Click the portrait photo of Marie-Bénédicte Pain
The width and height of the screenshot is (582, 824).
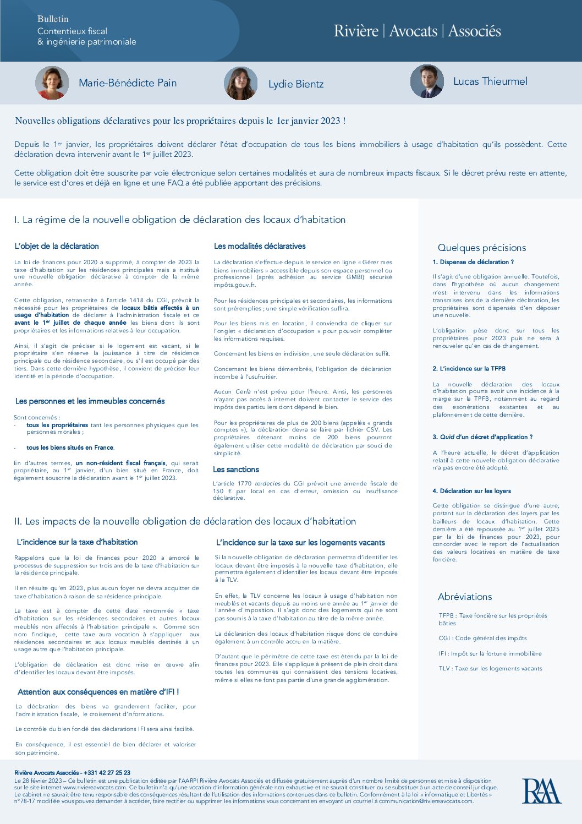click(x=52, y=83)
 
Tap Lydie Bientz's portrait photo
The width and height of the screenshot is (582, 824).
click(x=240, y=84)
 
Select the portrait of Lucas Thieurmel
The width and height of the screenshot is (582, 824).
click(x=427, y=81)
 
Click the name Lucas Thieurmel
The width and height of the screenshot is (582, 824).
click(x=490, y=81)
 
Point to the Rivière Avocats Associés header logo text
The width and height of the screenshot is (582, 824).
click(x=417, y=31)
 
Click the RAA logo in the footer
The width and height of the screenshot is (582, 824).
click(x=541, y=791)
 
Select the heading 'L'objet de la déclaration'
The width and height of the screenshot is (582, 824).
click(x=57, y=246)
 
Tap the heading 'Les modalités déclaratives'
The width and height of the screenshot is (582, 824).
click(x=260, y=246)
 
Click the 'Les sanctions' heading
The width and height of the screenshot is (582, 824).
click(x=236, y=470)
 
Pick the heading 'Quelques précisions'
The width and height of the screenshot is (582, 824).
click(x=482, y=248)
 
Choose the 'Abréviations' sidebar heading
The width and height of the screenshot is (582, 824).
click(x=465, y=597)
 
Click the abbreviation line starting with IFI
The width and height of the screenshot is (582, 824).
click(x=490, y=653)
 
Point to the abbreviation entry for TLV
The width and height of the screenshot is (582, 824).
click(x=490, y=668)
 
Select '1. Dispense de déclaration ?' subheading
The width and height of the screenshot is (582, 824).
click(x=473, y=262)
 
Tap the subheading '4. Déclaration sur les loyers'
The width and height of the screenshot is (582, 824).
click(x=471, y=491)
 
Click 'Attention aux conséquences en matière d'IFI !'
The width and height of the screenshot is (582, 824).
click(x=98, y=692)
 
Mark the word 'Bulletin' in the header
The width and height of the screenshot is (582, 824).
click(x=53, y=19)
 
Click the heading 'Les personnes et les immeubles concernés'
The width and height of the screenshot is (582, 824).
click(x=90, y=401)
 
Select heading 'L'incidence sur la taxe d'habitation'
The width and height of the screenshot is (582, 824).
click(x=77, y=542)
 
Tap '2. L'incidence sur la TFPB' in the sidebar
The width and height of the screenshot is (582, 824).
click(x=469, y=369)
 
